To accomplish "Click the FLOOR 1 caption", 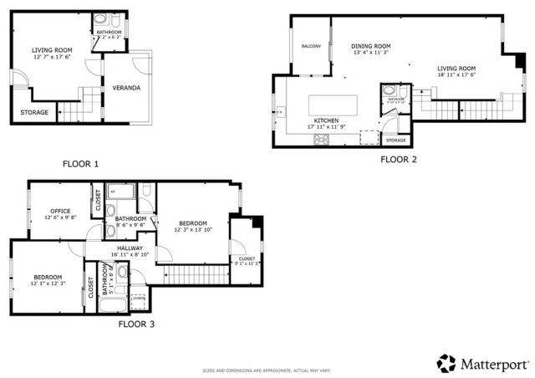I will pos(81,164).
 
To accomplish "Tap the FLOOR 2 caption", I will pos(399,158).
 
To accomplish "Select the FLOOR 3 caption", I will pos(135,323).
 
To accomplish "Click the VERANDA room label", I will pos(127,88).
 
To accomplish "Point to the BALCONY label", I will pos(311,46).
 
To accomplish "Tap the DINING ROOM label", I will pos(371,47).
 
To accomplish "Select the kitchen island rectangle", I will pos(333,105).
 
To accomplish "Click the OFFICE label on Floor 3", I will pos(59,211).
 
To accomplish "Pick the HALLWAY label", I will pos(130,248).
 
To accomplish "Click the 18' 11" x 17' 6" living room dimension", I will pos(456,75).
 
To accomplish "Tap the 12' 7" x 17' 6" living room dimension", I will pos(51,57).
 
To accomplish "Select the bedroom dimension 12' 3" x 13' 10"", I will pos(192,229).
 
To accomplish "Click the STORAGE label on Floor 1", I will pos(34,112).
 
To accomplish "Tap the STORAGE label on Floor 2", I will pos(395,140).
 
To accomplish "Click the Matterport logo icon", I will pos(445,363).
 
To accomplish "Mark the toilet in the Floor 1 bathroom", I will pos(99,19).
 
